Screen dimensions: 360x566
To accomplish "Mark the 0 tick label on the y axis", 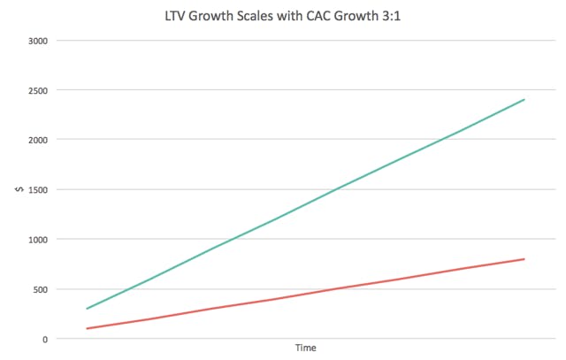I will (46, 339).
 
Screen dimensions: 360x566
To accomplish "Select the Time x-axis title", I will (305, 349).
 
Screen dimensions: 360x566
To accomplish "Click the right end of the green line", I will (524, 100).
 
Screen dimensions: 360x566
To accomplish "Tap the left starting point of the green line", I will (87, 309).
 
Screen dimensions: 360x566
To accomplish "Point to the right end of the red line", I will (524, 259).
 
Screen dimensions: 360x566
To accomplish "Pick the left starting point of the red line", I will (87, 328).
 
